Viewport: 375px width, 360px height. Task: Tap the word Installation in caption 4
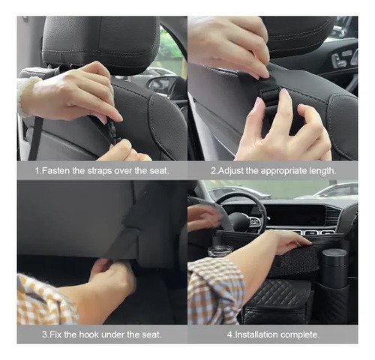tap(256, 334)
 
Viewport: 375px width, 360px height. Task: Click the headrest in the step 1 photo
tap(101, 43)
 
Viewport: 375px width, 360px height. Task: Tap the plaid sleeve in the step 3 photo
tap(45, 300)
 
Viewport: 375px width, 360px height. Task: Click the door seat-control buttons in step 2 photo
tap(343, 59)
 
